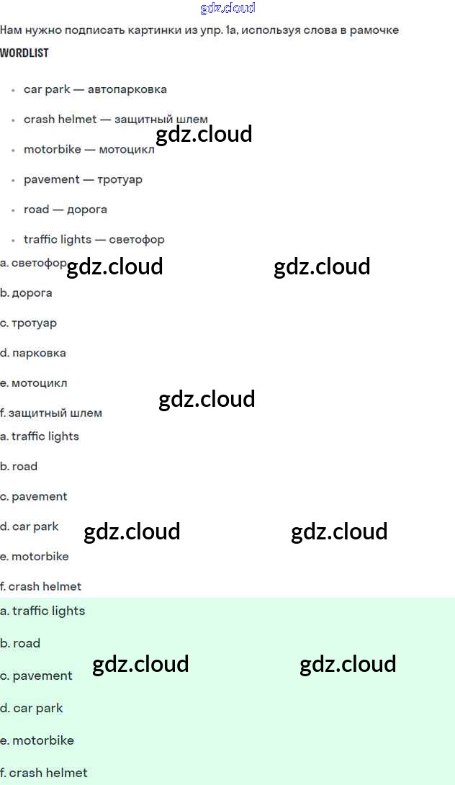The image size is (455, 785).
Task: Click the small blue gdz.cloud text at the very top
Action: pyautogui.click(x=227, y=8)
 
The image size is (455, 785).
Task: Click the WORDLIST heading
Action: pyautogui.click(x=24, y=53)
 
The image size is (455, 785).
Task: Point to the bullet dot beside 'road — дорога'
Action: pyautogui.click(x=14, y=210)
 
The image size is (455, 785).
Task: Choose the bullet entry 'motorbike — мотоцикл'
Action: pyautogui.click(x=89, y=150)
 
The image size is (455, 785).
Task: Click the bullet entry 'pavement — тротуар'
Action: pyautogui.click(x=83, y=179)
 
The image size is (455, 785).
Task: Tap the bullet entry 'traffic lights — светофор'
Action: pyautogui.click(x=94, y=239)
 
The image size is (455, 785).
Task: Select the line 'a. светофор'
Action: pyautogui.click(x=33, y=263)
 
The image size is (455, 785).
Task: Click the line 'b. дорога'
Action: pyautogui.click(x=27, y=293)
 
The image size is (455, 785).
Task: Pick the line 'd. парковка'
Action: pyautogui.click(x=33, y=353)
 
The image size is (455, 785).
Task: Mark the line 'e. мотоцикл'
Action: pyautogui.click(x=34, y=383)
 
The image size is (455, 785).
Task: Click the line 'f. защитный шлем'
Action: pyautogui.click(x=51, y=413)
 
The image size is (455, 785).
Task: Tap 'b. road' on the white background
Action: pyautogui.click(x=19, y=466)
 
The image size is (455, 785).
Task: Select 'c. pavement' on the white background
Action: pyautogui.click(x=34, y=496)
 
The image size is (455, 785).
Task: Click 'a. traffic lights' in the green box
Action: pyautogui.click(x=42, y=611)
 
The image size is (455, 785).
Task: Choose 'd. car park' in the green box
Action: pyautogui.click(x=32, y=708)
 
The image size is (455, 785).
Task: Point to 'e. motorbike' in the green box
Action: pyautogui.click(x=37, y=740)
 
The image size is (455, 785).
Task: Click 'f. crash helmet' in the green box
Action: pyautogui.click(x=44, y=773)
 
